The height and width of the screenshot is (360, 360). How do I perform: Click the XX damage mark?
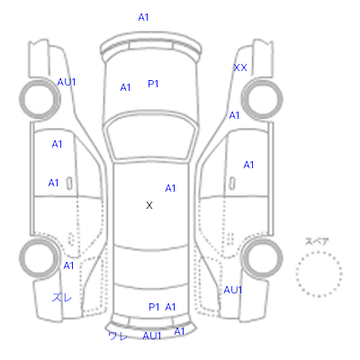click(240, 67)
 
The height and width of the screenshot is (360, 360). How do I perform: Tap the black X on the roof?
click(149, 205)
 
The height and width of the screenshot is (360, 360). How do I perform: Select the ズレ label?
click(62, 297)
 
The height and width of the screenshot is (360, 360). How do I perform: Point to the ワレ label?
click(118, 336)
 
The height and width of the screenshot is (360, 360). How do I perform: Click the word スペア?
click(317, 241)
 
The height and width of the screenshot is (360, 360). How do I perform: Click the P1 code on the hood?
click(153, 84)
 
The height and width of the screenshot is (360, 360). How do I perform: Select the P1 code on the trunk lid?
click(154, 307)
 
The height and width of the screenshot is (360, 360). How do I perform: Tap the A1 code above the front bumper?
click(143, 17)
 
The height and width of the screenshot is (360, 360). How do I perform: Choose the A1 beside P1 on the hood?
click(125, 87)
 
